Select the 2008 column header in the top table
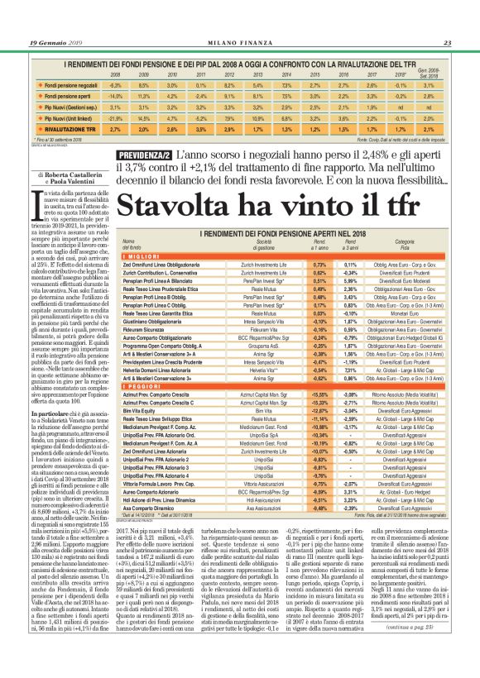tap(115, 74)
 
